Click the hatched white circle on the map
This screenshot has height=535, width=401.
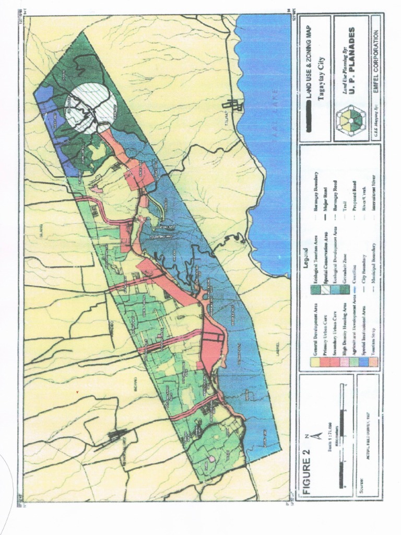coord(90,109)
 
